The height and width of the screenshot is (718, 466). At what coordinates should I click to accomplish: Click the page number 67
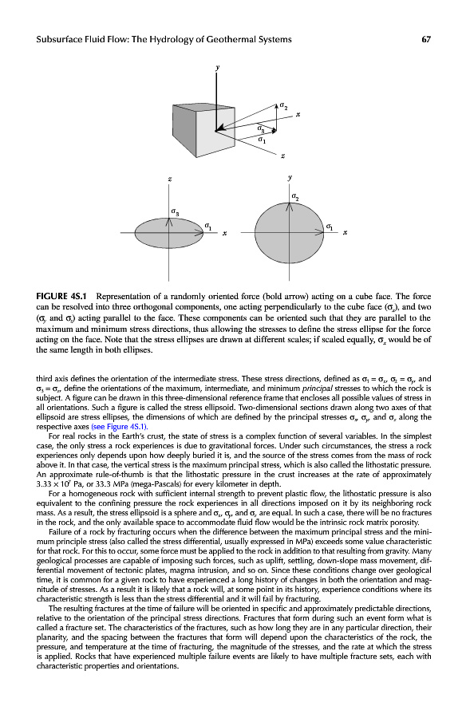click(x=425, y=39)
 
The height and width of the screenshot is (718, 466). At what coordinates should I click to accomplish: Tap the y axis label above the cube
click(x=218, y=67)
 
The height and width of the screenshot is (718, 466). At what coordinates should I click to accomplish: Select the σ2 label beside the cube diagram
click(x=284, y=107)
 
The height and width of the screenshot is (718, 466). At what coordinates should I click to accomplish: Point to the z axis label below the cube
click(x=282, y=156)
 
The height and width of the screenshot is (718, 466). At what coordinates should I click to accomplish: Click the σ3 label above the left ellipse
click(x=175, y=212)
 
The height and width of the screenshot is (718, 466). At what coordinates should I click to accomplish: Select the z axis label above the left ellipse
click(x=169, y=179)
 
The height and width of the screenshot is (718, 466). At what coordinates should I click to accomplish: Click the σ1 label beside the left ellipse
click(x=208, y=227)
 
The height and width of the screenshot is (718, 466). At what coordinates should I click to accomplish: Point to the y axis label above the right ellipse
click(x=290, y=177)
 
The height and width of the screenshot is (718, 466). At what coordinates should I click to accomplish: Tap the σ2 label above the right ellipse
click(x=295, y=198)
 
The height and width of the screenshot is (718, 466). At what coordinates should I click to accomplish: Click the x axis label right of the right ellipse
click(x=345, y=233)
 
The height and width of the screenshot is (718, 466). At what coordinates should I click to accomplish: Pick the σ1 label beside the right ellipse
click(x=330, y=227)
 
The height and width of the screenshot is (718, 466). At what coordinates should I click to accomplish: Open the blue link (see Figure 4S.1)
click(x=119, y=427)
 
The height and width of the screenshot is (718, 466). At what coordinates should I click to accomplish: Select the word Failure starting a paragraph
click(x=60, y=532)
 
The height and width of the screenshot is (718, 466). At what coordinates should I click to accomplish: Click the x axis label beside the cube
click(x=298, y=114)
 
